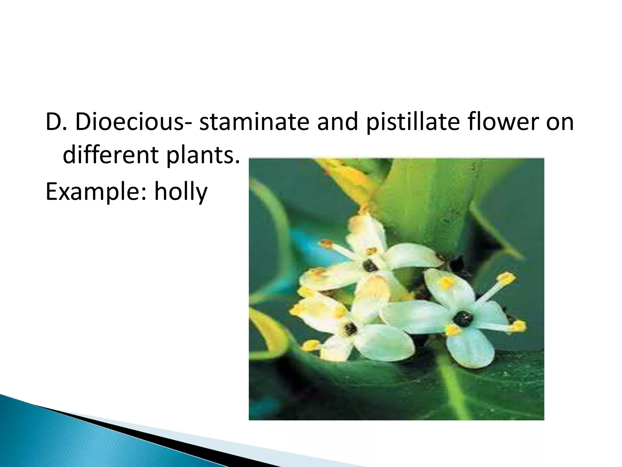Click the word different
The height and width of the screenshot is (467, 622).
(111, 155)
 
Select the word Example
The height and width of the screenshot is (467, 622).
(96, 192)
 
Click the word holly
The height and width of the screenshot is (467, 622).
(181, 192)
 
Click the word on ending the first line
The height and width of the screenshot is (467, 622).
(560, 123)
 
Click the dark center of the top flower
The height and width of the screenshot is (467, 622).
(370, 267)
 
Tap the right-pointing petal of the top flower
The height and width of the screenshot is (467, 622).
(413, 257)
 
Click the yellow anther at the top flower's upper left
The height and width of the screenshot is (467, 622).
(327, 244)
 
